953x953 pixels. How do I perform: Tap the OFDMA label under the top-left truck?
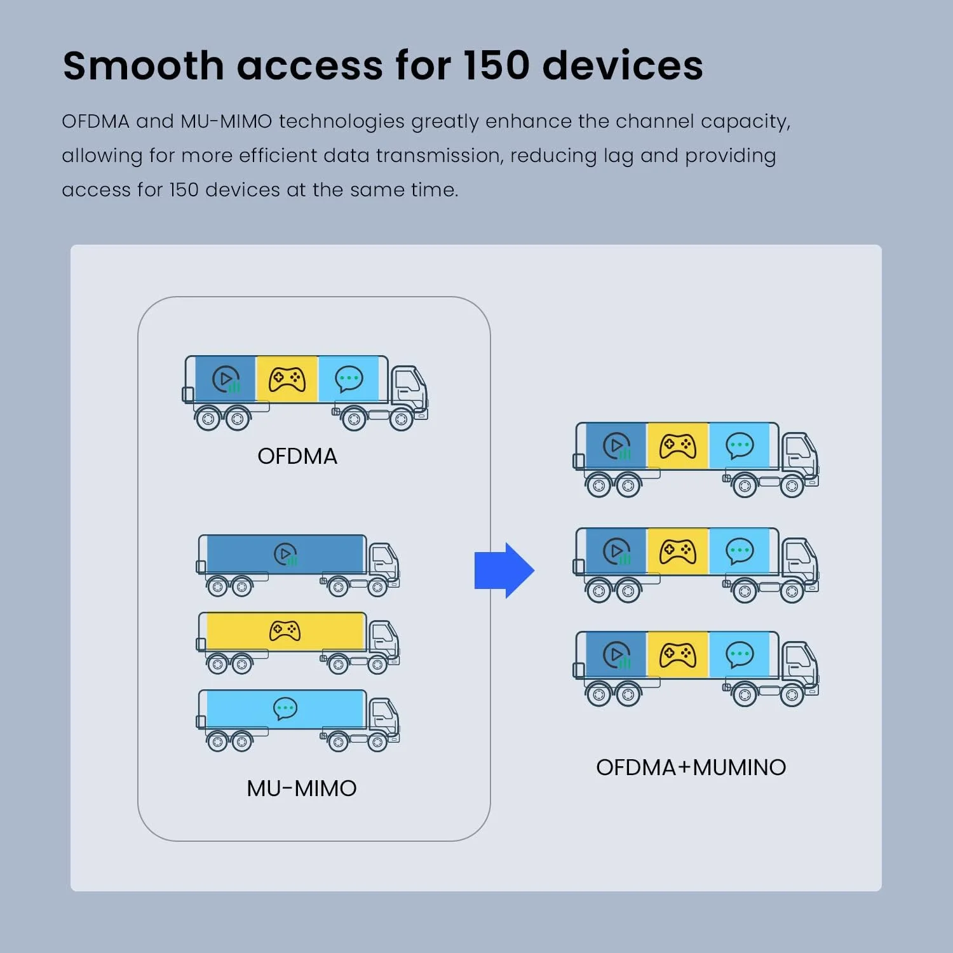coord(297,456)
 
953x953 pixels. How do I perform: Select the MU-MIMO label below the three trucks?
coord(302,788)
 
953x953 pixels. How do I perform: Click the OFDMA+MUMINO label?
coord(691,767)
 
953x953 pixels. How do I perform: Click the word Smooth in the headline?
coord(143,65)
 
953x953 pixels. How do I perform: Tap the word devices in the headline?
coord(623,65)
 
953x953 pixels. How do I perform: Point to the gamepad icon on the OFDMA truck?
coord(287,379)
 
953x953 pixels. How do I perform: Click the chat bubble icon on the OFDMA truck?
coord(349,379)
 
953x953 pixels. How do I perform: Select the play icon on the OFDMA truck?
coord(226,379)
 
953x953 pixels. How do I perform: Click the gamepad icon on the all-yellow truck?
coord(285,631)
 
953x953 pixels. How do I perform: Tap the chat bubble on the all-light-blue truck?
coord(285,708)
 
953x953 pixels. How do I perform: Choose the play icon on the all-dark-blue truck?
coord(286,554)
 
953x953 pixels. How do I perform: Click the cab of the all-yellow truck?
coord(384,639)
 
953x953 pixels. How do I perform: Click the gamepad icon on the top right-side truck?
coord(678,446)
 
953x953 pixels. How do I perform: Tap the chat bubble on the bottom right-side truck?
coord(740,654)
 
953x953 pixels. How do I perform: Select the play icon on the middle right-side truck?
coord(616,551)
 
